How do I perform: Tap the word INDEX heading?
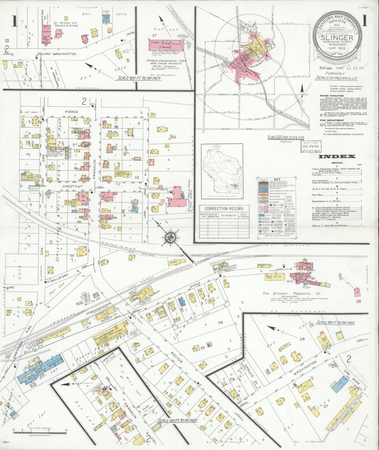(337, 157)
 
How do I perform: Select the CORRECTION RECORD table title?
(224, 208)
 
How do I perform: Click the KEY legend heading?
(277, 179)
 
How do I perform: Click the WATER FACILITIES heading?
(332, 96)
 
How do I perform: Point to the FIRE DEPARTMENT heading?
(332, 121)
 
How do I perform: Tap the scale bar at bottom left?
(39, 431)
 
